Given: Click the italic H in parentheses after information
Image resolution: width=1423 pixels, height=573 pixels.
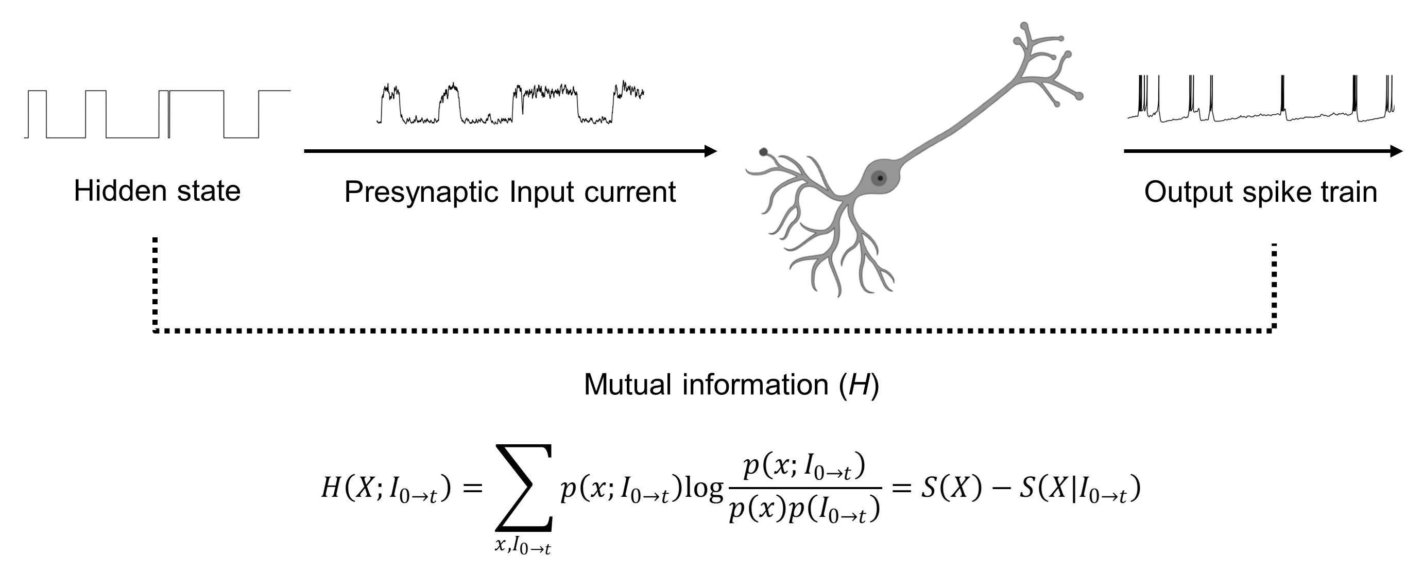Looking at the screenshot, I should pos(859,384).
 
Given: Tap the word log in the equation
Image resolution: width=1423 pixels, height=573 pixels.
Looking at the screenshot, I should pos(703,488).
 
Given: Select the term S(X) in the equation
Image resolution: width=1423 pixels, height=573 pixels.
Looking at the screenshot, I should pos(951,488).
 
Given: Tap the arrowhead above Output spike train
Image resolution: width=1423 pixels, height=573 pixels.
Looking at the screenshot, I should pos(1395,151).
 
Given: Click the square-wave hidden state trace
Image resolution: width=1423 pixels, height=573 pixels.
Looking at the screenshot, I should pos(158,114).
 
